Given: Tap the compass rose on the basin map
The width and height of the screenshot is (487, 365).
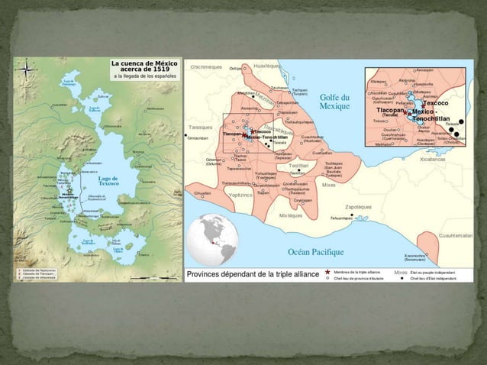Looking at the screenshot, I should [x=27, y=68].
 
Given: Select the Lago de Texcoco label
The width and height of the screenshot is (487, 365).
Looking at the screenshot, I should [x=110, y=180].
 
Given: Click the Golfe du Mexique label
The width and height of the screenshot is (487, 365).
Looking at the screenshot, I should [x=334, y=102].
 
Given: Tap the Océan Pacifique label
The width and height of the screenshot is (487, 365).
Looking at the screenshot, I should [x=315, y=251].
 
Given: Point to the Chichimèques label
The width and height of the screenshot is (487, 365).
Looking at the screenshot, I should [x=205, y=67].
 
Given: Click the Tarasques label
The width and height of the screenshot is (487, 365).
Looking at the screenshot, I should [x=198, y=126].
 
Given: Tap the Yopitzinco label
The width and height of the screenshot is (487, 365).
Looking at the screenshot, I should [x=240, y=195].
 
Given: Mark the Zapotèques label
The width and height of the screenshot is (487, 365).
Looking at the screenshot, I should [x=358, y=206].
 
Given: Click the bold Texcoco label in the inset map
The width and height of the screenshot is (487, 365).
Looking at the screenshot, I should [x=435, y=102].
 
